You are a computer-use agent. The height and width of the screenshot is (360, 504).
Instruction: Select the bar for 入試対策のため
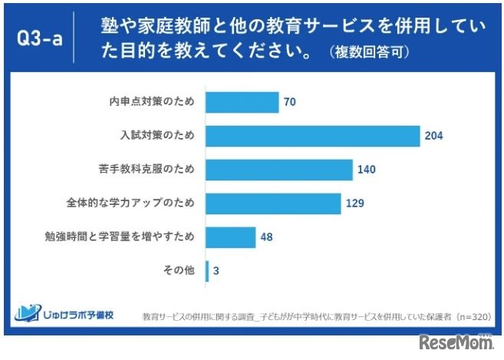(313, 136)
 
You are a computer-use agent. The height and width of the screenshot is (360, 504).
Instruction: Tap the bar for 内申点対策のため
(242, 102)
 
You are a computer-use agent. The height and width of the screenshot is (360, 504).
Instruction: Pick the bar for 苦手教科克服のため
(279, 170)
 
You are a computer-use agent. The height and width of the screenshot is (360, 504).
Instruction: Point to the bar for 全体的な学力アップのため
(274, 203)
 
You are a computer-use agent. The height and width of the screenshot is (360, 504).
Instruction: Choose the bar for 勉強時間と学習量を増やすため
(231, 237)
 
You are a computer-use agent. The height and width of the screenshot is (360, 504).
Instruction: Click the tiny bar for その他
(207, 271)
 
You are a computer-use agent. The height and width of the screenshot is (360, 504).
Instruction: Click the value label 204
(434, 137)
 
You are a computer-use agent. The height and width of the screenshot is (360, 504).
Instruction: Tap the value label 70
(289, 102)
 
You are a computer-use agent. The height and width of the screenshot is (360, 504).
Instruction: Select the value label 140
(366, 170)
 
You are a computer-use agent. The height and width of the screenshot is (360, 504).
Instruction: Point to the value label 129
(354, 203)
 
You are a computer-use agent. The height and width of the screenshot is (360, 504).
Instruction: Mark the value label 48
(266, 237)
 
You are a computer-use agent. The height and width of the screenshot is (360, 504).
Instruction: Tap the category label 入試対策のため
(157, 136)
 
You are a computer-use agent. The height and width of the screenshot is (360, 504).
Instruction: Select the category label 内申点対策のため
(153, 102)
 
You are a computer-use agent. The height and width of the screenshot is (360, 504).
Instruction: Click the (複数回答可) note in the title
(365, 53)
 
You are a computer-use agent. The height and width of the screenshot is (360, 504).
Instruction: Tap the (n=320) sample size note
(473, 317)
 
